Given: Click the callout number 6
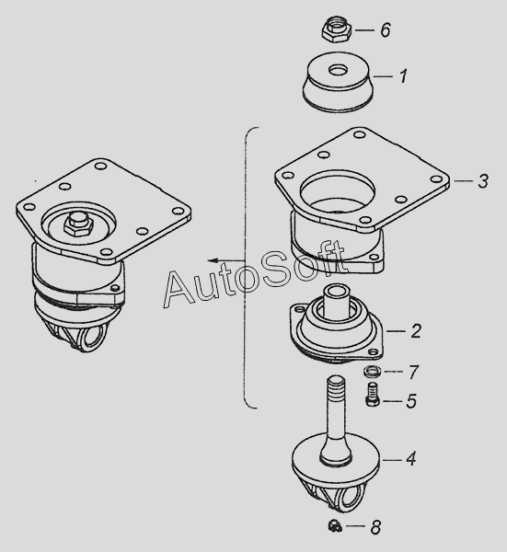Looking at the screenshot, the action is coord(386,29).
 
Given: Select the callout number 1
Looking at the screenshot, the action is coord(403,76).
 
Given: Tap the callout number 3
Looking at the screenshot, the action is coord(483,181).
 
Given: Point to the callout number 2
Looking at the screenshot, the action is coord(416,331).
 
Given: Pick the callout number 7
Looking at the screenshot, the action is coord(414,372).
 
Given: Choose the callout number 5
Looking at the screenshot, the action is coord(411,401).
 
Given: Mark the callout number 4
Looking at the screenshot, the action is coord(410,459).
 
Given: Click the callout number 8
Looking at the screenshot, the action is coord(375,527).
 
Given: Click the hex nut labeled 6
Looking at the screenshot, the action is coord(337,29).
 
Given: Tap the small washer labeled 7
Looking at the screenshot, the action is coord(371,372).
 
